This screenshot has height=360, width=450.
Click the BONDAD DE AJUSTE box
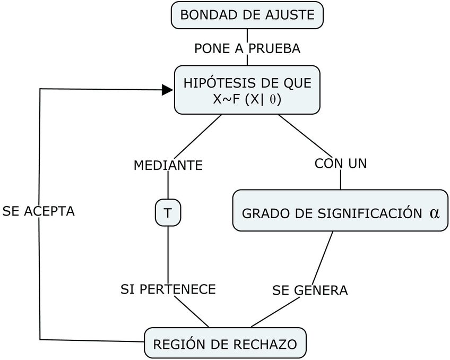pos(247,15)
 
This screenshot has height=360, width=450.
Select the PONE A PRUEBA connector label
pos(247,48)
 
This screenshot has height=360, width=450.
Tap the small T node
pos(168,213)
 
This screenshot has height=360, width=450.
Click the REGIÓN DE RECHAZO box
pos(225,344)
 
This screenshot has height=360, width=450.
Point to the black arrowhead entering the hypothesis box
pos(168,90)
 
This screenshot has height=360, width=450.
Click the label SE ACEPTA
pos(38,211)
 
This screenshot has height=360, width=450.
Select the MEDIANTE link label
pos(168,165)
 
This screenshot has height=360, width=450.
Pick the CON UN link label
pos(341,164)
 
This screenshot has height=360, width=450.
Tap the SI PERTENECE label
pos(168,289)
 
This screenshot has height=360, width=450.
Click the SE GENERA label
pos(310,290)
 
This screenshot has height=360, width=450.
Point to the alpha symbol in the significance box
pos(435,213)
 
